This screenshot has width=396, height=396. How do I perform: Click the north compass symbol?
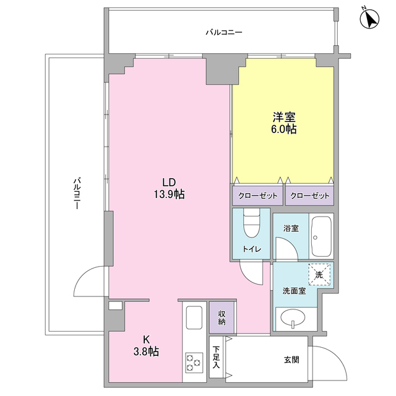[x=370, y=19]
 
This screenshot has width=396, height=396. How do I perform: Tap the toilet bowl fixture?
[x=252, y=223]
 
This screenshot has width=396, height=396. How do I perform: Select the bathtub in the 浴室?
[x=321, y=236]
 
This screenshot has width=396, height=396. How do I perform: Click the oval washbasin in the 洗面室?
[x=293, y=317]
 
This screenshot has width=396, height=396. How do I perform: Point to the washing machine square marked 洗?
[x=319, y=275]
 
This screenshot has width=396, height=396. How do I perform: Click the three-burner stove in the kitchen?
[x=194, y=363]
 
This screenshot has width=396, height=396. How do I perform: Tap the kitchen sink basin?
[x=194, y=317]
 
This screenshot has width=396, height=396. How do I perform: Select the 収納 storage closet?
[x=222, y=317]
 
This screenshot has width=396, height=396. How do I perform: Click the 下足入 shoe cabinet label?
[x=216, y=357]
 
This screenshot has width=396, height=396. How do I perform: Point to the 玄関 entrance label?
[x=291, y=359]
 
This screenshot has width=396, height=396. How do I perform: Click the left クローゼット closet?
[x=257, y=196]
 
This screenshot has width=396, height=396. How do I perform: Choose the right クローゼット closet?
[x=309, y=196]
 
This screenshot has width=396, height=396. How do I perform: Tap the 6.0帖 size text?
[x=283, y=129]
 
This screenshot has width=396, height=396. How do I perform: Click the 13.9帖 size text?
[x=169, y=194]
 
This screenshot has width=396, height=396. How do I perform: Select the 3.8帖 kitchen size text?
[x=146, y=351]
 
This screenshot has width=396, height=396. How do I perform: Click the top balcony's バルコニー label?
[x=224, y=32]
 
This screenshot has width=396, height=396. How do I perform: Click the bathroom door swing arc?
[x=290, y=243]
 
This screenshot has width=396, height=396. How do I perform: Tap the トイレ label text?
[x=252, y=249]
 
